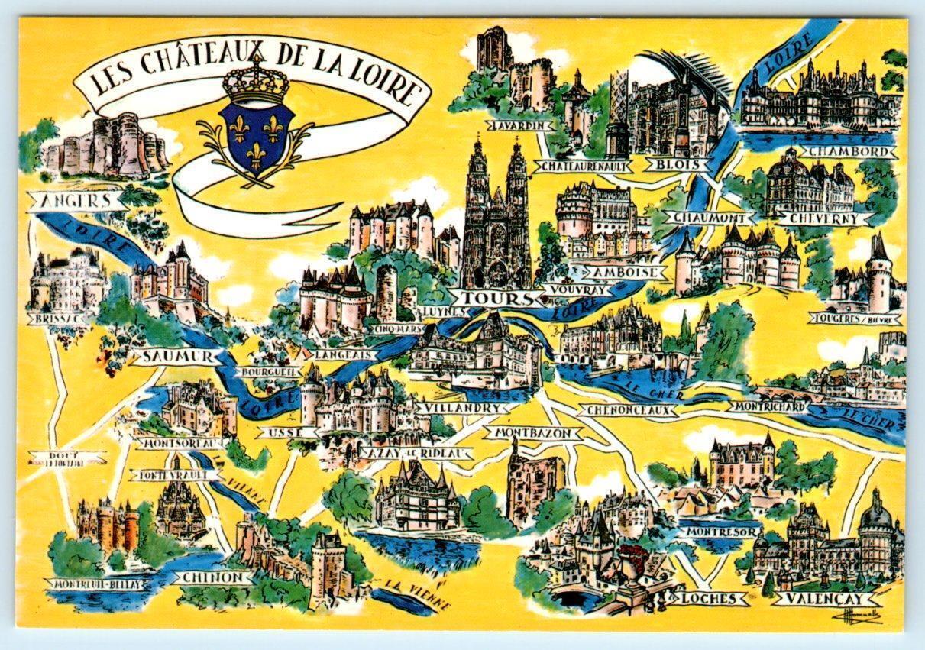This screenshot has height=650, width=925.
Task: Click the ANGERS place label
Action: [75, 202]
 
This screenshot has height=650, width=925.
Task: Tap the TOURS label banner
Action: [487, 298]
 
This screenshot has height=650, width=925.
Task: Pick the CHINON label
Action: [213, 577]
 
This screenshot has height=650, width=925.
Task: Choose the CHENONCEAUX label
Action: [629, 411]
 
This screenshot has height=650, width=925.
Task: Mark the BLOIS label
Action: [665, 163]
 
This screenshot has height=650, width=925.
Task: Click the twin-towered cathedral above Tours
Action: [495, 214]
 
